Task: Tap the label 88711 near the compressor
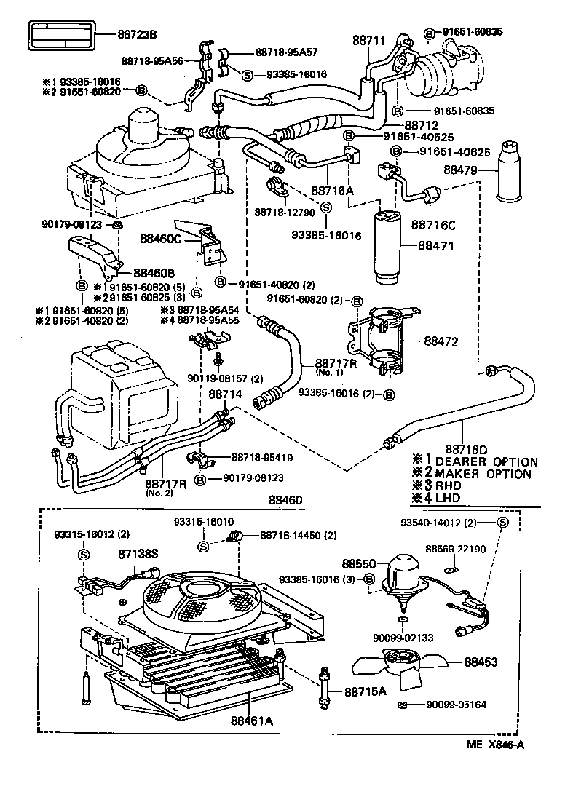[369, 41]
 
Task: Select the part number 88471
[436, 246]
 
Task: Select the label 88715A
[365, 691]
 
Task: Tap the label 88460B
[154, 274]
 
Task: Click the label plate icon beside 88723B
[62, 36]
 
